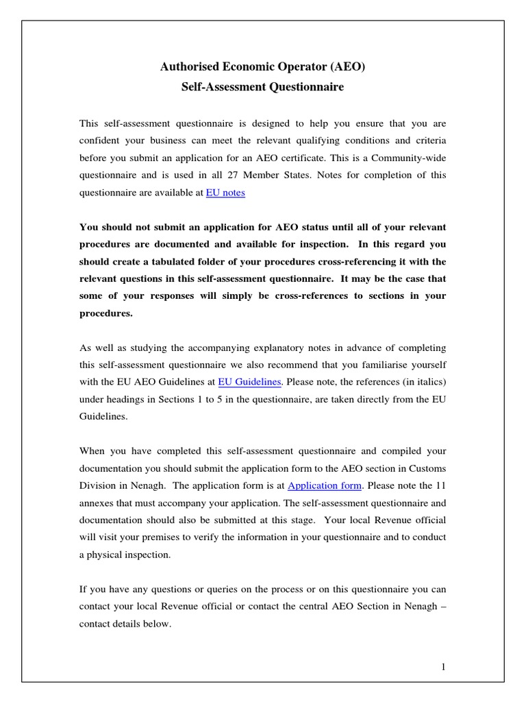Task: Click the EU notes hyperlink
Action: pos(225,193)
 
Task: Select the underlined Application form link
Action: pos(324,485)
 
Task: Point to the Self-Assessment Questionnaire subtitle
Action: pos(262,87)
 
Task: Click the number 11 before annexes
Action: pos(440,485)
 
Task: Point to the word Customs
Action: pos(428,468)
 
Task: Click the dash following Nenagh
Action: pos(442,607)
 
